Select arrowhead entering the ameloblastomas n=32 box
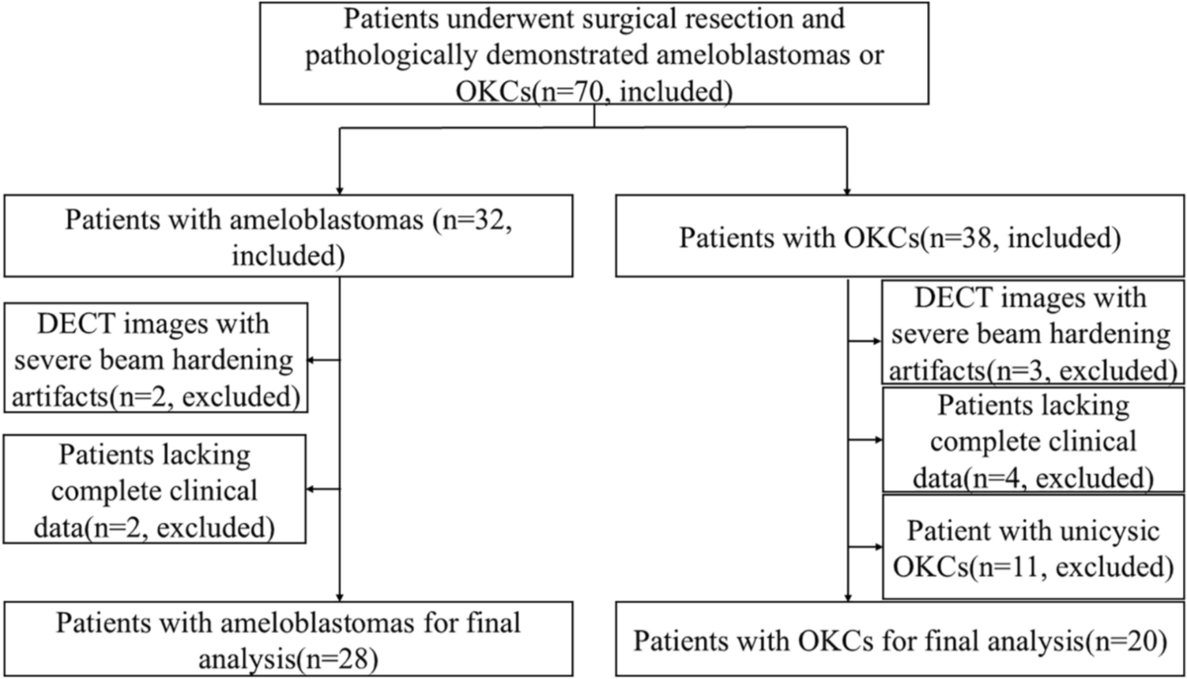(x=339, y=190)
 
